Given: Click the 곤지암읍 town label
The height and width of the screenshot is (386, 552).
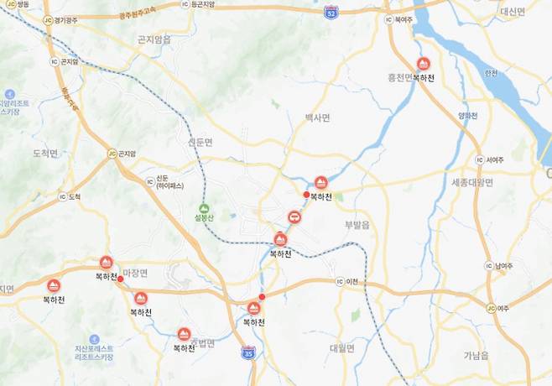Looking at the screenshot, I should [153, 39].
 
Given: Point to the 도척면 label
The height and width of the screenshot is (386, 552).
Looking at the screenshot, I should [44, 153].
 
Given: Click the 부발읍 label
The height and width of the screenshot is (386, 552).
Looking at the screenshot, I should [357, 225].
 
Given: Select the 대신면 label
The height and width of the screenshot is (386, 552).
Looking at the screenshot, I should [512, 12].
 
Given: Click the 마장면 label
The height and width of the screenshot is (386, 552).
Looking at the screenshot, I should [135, 274].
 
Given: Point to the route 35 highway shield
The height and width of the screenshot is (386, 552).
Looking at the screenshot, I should [247, 352].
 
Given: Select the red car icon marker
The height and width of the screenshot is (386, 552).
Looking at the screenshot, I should [294, 218].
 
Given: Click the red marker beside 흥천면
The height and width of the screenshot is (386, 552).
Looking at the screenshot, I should [424, 64].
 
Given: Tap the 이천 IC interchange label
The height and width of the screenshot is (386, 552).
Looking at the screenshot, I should [347, 280].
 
